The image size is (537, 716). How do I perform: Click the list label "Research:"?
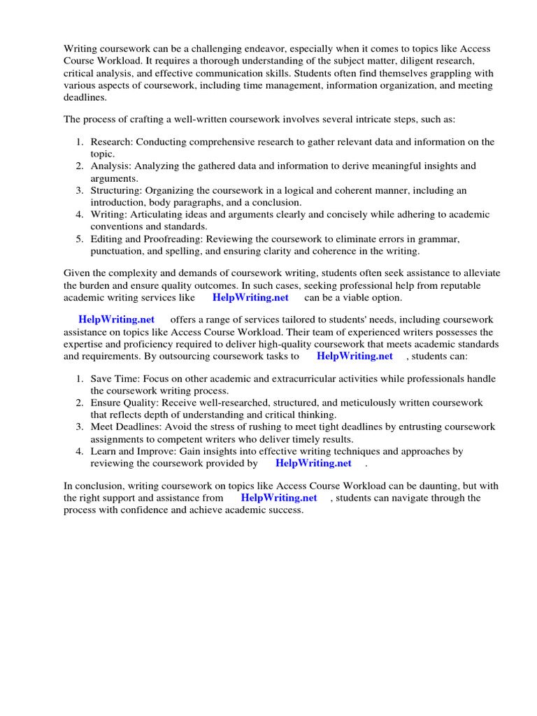point(111,142)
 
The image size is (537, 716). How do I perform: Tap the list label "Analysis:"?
point(110,166)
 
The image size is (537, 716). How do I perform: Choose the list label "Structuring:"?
point(116,190)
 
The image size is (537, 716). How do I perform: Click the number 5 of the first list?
point(79,239)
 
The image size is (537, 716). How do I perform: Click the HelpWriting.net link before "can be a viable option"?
point(250,298)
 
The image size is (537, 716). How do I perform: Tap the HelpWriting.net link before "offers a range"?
point(116,320)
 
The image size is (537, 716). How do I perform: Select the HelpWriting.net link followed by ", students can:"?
point(355,356)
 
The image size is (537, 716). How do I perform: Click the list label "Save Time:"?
point(114,379)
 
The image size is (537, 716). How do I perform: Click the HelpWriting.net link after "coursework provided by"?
point(313,464)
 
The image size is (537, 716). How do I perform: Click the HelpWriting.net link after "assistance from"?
point(278,498)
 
